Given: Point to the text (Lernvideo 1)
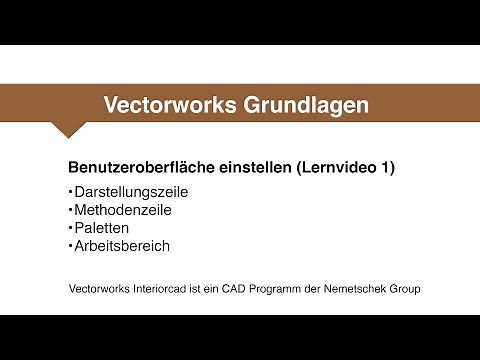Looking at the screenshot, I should tap(346, 167).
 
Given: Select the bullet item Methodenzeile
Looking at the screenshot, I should tap(123, 209).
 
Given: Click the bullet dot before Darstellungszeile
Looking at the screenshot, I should tap(70, 190).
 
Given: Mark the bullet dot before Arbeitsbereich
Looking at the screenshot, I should tap(70, 244).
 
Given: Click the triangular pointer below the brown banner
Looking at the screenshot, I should tap(68, 128).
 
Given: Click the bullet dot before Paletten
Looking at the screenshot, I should tap(70, 226).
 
